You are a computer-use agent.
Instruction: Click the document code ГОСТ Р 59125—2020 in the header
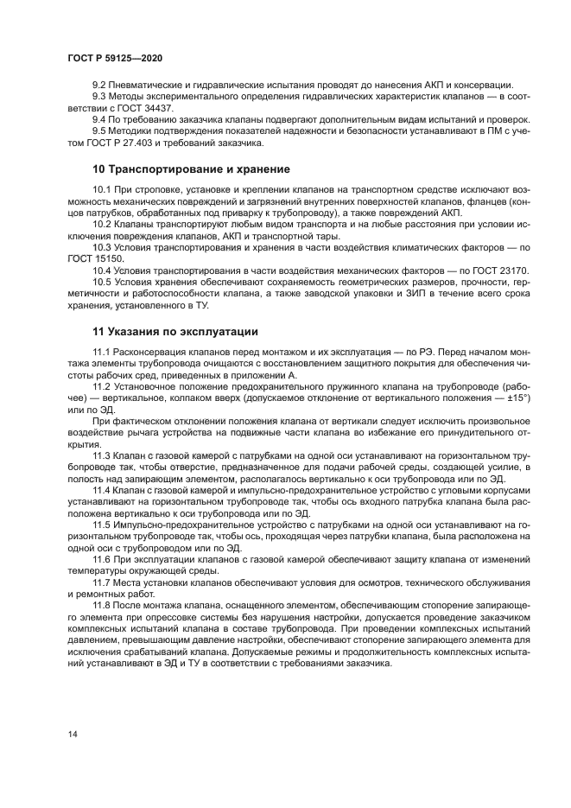pos(115,57)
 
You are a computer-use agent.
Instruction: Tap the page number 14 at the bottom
pos(73,734)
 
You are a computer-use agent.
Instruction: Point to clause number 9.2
pos(100,85)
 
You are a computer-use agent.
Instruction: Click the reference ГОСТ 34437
pos(127,108)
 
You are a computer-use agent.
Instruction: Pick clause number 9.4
pos(100,119)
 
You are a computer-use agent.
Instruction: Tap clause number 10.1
pos(103,189)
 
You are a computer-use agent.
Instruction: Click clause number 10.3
pos(103,247)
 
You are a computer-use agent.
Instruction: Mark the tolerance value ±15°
pos(517,397)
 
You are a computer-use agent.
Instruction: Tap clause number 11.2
pos(103,386)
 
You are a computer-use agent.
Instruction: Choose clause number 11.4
pos(103,490)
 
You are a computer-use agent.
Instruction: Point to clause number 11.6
pos(103,559)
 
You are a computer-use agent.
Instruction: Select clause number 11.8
pos(103,606)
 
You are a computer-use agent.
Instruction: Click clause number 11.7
pos(103,582)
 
